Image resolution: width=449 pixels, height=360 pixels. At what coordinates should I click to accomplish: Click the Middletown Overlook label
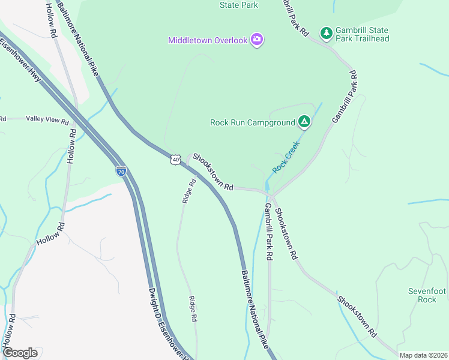pos(208,40)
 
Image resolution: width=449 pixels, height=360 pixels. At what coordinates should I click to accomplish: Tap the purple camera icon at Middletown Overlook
pos(258,40)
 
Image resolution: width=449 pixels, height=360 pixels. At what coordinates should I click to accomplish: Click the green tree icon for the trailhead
pos(327,34)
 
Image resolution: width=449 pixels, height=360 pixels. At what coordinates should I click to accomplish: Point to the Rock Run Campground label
pos(253,122)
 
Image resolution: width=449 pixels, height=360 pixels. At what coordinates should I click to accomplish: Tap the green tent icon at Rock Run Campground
pos(304,122)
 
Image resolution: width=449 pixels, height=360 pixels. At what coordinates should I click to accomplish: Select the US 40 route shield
pos(175,159)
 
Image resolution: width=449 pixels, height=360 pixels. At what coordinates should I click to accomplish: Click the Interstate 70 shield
pos(121,171)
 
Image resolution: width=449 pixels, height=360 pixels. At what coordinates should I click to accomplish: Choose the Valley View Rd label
pos(47,120)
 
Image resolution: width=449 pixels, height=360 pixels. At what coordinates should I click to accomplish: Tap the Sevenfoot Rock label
pos(427,295)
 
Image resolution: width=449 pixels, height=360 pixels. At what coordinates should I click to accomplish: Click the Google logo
pos(20,353)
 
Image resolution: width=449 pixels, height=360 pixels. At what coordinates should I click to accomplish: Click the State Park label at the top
pos(239,5)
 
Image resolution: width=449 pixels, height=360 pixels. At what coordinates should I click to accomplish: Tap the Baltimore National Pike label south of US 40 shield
pos(255,310)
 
